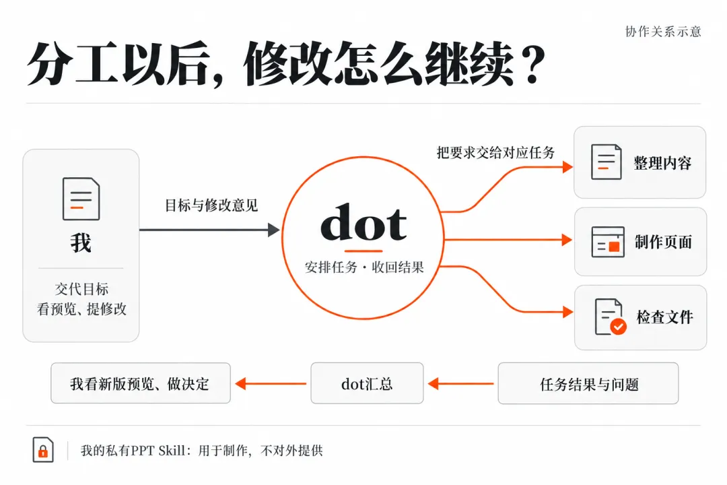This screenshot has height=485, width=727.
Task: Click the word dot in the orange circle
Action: (363, 222)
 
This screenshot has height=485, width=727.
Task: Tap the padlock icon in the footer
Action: (43, 450)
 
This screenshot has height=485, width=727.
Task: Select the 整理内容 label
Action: (662, 163)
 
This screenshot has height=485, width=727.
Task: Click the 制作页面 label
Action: (664, 242)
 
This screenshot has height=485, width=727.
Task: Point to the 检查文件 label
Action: (665, 317)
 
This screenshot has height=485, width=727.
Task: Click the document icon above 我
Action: (81, 199)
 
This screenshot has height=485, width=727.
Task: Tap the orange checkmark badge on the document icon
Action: (618, 327)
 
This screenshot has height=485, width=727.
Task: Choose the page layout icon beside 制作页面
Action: (608, 242)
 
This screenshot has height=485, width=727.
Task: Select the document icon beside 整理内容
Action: (607, 162)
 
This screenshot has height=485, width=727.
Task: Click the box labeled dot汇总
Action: (367, 383)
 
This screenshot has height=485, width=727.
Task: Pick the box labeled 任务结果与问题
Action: (588, 383)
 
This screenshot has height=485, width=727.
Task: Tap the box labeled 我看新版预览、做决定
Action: (141, 383)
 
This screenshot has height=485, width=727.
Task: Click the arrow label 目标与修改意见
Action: (211, 205)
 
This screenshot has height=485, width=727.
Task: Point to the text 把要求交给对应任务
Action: (495, 153)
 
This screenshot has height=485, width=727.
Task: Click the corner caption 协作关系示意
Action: (663, 32)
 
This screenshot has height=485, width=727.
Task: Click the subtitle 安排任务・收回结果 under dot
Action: (364, 267)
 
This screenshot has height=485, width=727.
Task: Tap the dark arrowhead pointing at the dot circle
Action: (274, 230)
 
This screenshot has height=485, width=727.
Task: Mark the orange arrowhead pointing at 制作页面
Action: (567, 240)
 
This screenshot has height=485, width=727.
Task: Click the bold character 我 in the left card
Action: (81, 243)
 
